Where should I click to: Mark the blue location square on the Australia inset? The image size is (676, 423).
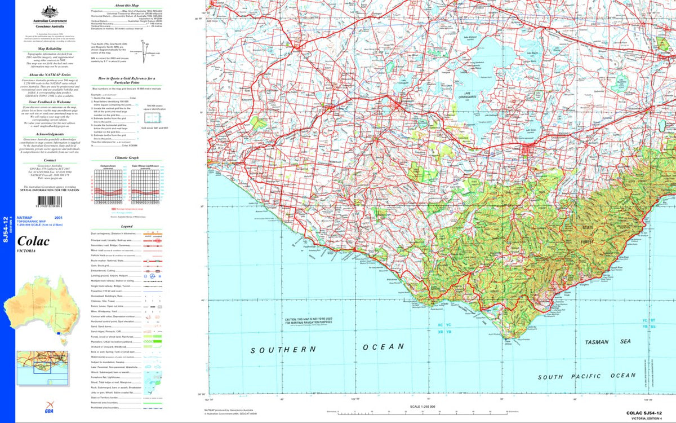pyautogui.click(x=59, y=334)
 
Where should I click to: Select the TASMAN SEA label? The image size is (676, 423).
pyautogui.click(x=607, y=342)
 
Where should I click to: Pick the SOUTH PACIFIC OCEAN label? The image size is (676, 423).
pyautogui.click(x=586, y=376)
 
